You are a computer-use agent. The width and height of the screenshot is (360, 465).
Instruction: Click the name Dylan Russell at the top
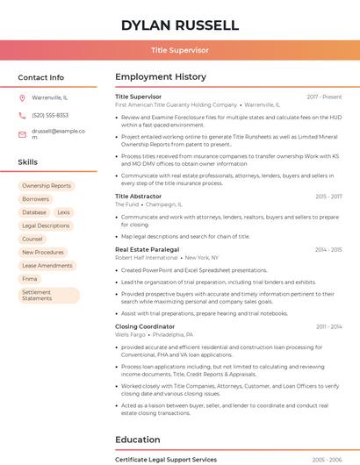(x=179, y=25)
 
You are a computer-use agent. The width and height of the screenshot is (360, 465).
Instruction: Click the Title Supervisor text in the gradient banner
(x=179, y=50)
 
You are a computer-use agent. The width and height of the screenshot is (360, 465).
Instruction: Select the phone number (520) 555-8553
(x=50, y=115)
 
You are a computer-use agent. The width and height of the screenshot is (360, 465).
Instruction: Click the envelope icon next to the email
(x=22, y=135)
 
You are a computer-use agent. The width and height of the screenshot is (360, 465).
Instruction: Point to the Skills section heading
(x=28, y=162)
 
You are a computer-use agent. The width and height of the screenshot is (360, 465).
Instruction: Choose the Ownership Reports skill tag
(x=47, y=186)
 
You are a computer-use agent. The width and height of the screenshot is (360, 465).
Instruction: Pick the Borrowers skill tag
(x=36, y=199)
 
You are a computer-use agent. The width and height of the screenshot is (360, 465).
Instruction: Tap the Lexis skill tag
(x=63, y=212)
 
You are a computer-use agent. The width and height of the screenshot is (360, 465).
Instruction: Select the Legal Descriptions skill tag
(x=46, y=225)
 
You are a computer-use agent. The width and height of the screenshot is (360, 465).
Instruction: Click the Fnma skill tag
(x=30, y=278)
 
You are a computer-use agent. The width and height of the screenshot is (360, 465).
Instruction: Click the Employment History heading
(x=161, y=77)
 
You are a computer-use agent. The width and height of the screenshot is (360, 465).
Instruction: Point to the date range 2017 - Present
(x=324, y=97)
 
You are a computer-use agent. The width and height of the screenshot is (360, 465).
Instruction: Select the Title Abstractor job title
(x=138, y=197)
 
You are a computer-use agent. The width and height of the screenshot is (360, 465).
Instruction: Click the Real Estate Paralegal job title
(x=147, y=250)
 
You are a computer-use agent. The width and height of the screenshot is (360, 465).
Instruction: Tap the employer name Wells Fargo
(x=130, y=334)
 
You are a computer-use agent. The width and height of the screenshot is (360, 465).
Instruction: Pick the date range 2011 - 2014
(x=328, y=326)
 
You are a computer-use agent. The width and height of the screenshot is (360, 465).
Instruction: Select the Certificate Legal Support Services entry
(x=165, y=460)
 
